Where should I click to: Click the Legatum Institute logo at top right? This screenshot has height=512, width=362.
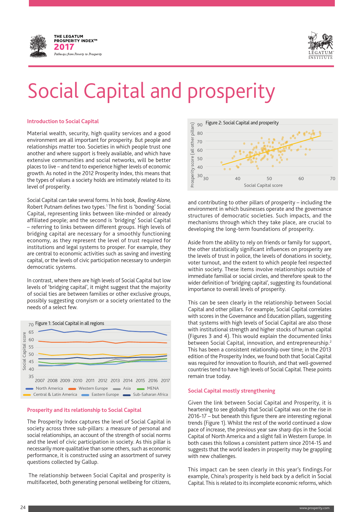pyautogui.click(x=321, y=46)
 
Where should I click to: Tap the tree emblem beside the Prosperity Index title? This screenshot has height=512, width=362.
pyautogui.click(x=38, y=46)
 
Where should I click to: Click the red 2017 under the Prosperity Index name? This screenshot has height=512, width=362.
pyautogui.click(x=64, y=47)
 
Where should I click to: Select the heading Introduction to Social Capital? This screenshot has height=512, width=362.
pyautogui.click(x=63, y=121)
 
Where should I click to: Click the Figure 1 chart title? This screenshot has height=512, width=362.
pyautogui.click(x=69, y=323)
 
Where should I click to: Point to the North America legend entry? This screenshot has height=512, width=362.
pyautogui.click(x=49, y=388)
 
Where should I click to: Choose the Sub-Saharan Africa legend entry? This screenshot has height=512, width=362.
pyautogui.click(x=150, y=394)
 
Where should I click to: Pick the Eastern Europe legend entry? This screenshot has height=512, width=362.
pyautogui.click(x=105, y=394)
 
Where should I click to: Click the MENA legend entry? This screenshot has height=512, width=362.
pyautogui.click(x=153, y=388)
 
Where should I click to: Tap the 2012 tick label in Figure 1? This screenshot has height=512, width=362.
pyautogui.click(x=103, y=381)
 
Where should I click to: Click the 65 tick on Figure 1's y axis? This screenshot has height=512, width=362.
pyautogui.click(x=31, y=332)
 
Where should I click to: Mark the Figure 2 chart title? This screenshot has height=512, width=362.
pyautogui.click(x=242, y=123)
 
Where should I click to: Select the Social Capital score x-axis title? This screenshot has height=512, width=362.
pyautogui.click(x=263, y=185)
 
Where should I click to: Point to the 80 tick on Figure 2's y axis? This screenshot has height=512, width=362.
pyautogui.click(x=200, y=133)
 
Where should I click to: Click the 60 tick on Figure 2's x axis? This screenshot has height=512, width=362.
pyautogui.click(x=301, y=179)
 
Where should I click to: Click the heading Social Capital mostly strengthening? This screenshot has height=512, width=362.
pyautogui.click(x=232, y=391)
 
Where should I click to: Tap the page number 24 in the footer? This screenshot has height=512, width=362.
pyautogui.click(x=23, y=508)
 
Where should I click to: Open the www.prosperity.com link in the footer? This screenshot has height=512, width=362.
pyautogui.click(x=314, y=508)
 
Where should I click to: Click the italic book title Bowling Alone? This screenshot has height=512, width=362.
pyautogui.click(x=154, y=200)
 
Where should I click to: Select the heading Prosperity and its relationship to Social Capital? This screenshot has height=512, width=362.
pyautogui.click(x=84, y=410)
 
